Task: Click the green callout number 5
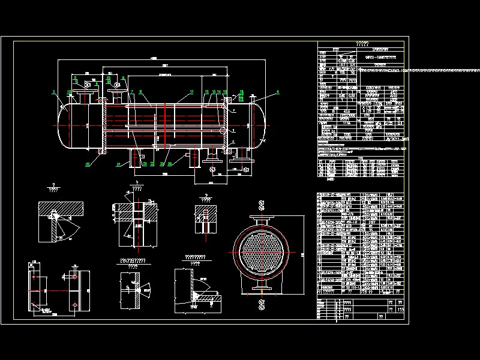coord(54,92)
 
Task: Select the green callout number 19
coord(70,92)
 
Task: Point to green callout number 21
coord(118,163)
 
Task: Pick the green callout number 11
coord(191,91)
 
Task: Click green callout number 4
coord(278,92)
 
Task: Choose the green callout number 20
coord(170,163)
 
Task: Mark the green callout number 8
coord(140,92)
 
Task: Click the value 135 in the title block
coord(401,310)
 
